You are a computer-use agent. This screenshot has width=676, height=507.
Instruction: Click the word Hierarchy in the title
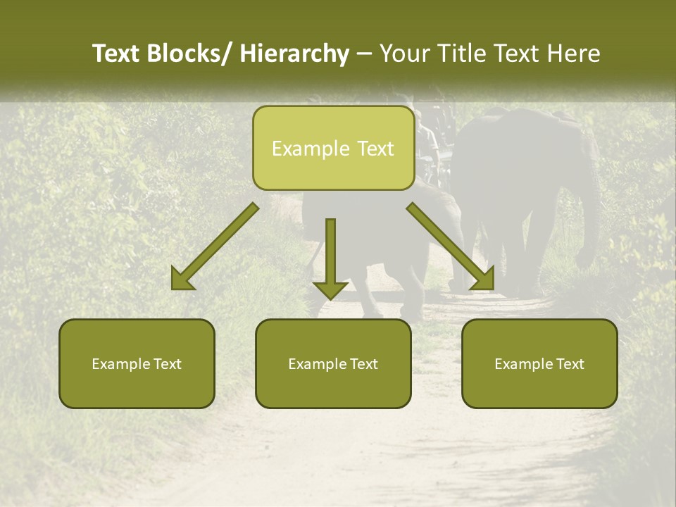pos(294,54)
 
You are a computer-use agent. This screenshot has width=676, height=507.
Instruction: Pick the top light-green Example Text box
pos(333,148)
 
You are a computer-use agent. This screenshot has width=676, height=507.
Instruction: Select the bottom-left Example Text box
pos(137,363)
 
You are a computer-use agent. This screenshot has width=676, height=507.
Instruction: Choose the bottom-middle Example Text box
pos(333,363)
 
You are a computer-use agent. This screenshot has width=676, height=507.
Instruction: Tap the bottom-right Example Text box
pos(539,363)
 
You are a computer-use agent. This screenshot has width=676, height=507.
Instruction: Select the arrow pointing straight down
pos(330,257)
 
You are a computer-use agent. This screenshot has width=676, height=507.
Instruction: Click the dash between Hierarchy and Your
pos(364,54)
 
